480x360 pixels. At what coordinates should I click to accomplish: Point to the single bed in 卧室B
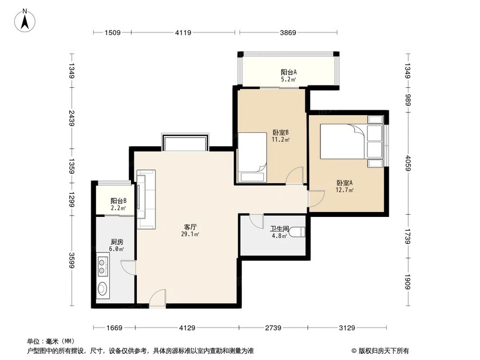point(252,157)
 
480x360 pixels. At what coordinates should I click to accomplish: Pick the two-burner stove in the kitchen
point(102,267)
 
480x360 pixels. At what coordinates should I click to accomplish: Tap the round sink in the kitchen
point(102,289)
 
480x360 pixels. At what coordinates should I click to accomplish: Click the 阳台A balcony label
point(288,72)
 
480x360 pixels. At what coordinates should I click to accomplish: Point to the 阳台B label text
point(118,201)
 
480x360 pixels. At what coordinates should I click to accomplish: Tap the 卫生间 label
point(278,229)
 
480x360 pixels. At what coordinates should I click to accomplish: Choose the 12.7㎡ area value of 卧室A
point(345,190)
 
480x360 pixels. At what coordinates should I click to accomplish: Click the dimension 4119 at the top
point(183,33)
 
